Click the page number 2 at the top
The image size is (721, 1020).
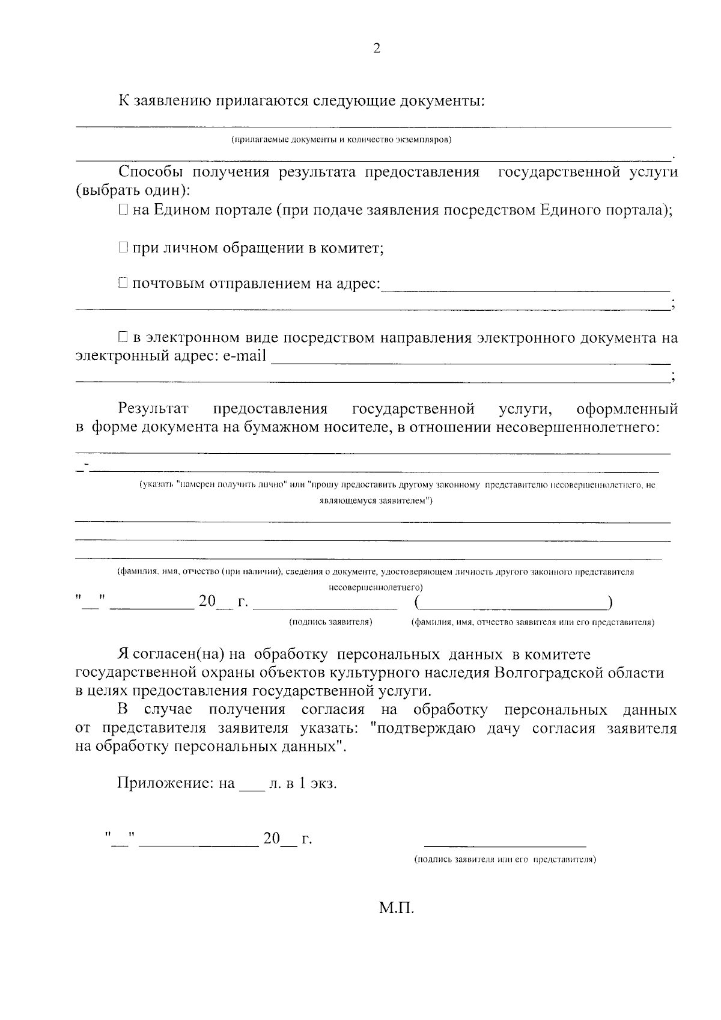point(377,49)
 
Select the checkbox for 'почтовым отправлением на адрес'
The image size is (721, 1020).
point(123,282)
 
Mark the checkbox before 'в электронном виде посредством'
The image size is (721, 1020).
point(123,337)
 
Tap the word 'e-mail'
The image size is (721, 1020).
point(245,356)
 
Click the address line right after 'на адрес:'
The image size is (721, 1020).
point(526,289)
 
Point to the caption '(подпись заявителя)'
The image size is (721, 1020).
point(330,622)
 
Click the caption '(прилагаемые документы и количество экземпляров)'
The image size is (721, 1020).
point(341,140)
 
